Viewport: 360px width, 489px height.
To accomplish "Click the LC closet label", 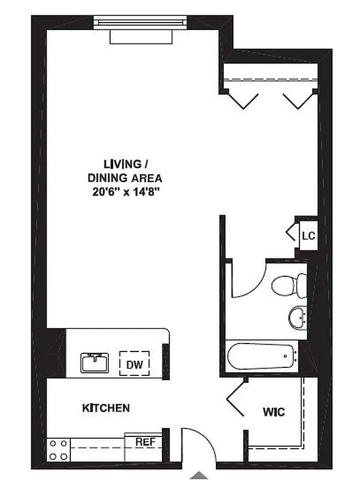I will tap(308, 235).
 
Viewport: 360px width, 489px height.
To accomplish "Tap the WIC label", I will tap(274, 411).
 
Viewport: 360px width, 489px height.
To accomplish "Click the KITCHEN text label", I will tap(106, 408).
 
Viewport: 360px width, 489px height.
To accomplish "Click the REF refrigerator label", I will tap(144, 441).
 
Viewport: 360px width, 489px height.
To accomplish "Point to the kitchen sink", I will tap(95, 363).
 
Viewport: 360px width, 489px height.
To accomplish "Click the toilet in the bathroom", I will tap(289, 285).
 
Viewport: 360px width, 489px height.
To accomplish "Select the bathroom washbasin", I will tap(297, 317).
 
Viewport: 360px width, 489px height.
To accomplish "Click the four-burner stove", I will tap(59, 449).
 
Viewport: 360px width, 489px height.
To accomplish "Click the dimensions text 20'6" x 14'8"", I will tap(127, 191).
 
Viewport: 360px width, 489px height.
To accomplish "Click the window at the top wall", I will tap(141, 22).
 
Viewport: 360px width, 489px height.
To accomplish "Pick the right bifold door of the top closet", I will tap(298, 100).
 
